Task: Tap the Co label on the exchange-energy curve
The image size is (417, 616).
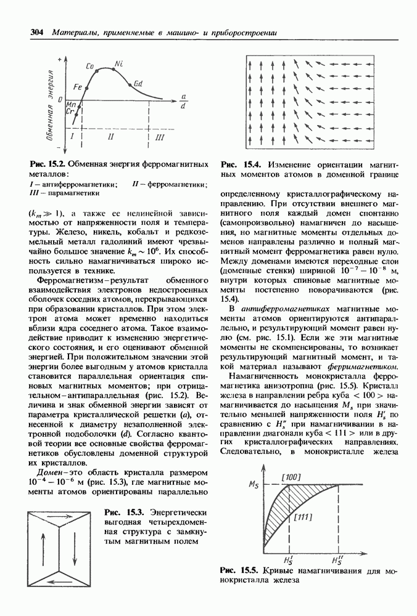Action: point(89,65)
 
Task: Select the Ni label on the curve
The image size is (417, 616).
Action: point(118,63)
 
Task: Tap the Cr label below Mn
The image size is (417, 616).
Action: point(70,112)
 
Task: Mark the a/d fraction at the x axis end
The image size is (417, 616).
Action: point(183,100)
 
